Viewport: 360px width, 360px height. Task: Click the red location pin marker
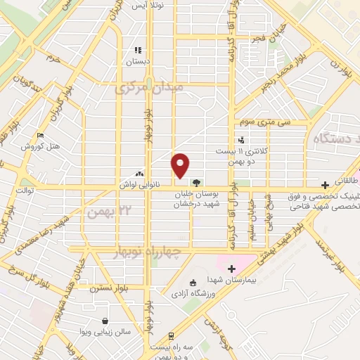pos(181,166)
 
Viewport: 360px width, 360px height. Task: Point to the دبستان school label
pos(138,61)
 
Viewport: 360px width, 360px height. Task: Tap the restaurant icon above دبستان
pos(138,50)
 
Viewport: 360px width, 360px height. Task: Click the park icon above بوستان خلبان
pos(205,182)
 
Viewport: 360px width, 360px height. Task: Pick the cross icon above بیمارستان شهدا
pos(231,268)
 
